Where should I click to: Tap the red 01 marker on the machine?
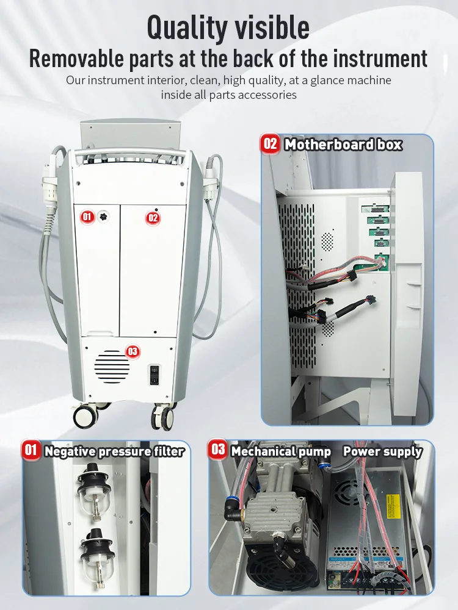(x=87, y=216)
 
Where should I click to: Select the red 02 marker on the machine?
(x=153, y=217)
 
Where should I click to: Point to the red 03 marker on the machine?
(x=133, y=351)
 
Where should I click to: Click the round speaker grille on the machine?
(x=112, y=367)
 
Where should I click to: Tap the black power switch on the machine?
(x=155, y=374)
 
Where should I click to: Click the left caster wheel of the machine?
(x=85, y=416)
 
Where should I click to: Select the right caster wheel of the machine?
(x=163, y=418)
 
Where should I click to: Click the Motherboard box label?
(x=343, y=145)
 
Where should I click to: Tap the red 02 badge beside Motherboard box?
(x=270, y=145)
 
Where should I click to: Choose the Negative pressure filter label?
(x=114, y=451)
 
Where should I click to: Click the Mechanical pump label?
(x=281, y=451)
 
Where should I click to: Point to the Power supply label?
(x=382, y=451)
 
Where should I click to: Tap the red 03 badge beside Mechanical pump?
(x=218, y=451)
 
